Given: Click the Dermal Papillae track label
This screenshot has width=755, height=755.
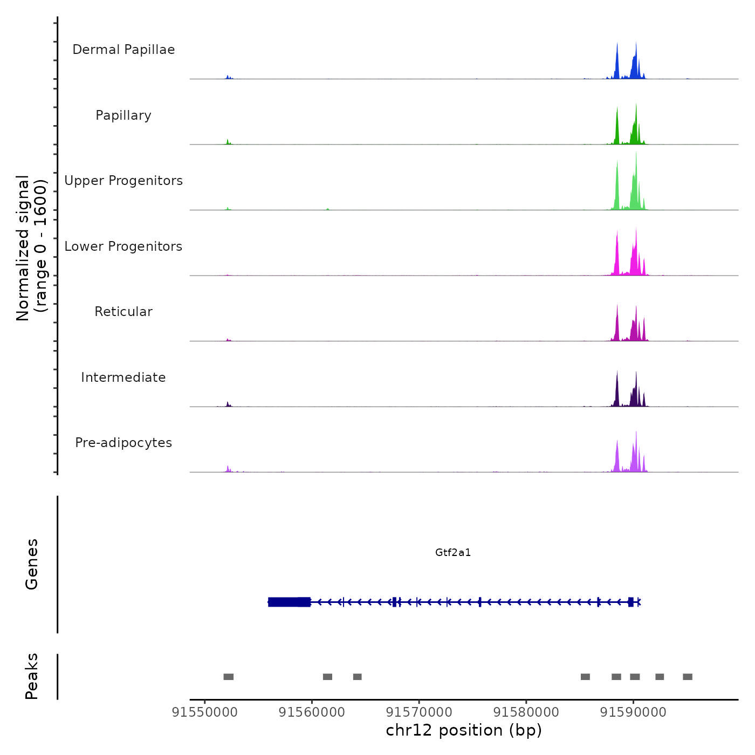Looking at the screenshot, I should coord(123,50).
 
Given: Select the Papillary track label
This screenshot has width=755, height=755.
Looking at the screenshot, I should coord(123,115).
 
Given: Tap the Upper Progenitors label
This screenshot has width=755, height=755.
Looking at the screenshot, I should coord(123,181).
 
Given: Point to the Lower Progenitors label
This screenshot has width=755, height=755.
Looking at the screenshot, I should coord(123,246).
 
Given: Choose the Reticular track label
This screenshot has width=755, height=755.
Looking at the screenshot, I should coord(123,312).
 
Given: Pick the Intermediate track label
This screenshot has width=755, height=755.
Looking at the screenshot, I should coord(123,377).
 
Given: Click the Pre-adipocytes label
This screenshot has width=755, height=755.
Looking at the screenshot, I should coord(123,443).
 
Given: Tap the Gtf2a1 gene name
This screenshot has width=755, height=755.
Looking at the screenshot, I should coord(453,553).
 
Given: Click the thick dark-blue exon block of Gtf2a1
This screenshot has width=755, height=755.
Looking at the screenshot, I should coord(289,602).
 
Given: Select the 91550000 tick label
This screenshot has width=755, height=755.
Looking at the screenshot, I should coord(204,712).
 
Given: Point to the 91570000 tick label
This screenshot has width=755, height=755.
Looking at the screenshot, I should coord(419,712).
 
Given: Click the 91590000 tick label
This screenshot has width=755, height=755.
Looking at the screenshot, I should coord(633,712).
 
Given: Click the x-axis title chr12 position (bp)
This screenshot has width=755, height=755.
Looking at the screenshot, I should coord(464,730).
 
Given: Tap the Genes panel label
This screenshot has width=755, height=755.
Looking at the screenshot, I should coord(31,564).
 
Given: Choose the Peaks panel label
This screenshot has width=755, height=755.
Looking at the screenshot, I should coord(31,676).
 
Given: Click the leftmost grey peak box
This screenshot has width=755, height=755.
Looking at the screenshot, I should coord(229,677).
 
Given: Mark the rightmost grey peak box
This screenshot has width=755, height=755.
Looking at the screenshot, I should coord(688,677).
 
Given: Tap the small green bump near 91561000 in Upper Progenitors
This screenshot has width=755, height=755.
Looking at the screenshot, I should coord(327,209).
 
